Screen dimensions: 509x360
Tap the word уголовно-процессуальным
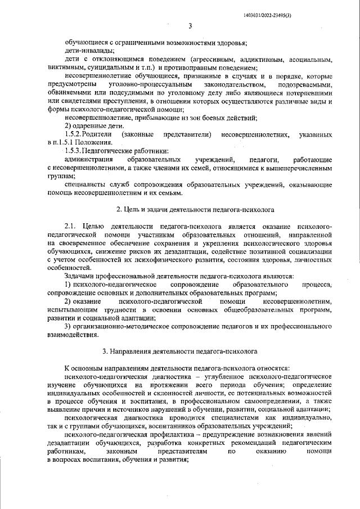click(142, 84)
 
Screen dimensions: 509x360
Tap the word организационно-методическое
click(118, 326)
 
